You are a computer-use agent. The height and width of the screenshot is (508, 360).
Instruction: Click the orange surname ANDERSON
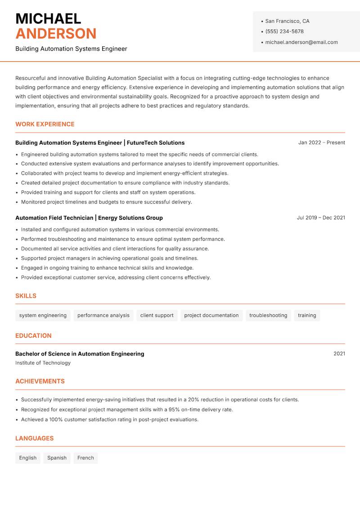(56, 34)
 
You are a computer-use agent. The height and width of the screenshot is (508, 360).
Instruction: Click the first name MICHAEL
(48, 18)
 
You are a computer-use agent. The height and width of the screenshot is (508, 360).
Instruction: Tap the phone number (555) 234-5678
(284, 31)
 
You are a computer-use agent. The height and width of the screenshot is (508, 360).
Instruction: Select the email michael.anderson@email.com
(301, 42)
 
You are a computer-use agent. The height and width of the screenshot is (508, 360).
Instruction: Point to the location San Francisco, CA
(287, 21)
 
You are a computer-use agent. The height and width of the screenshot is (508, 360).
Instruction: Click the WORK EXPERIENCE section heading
(45, 124)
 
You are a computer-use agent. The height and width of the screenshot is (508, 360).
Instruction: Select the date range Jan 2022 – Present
(321, 143)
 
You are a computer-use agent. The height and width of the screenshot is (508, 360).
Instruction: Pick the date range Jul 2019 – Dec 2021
(320, 218)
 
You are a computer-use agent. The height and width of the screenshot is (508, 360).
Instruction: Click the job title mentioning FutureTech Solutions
(100, 143)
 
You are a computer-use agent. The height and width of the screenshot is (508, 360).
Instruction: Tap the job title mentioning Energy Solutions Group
(89, 218)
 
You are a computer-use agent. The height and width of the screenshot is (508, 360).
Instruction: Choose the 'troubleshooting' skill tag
(268, 315)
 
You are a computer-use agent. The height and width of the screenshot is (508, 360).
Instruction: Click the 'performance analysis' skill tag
(103, 315)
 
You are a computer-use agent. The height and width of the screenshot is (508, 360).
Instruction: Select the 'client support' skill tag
(157, 315)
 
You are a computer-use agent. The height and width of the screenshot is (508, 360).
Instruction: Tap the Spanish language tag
(57, 458)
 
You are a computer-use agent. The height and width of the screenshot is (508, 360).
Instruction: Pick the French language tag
(85, 458)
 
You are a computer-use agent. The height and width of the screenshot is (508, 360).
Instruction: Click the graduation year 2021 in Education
(339, 354)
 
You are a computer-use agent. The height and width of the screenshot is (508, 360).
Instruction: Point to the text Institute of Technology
(43, 363)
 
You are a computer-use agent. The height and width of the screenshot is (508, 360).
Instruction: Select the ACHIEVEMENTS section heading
(40, 381)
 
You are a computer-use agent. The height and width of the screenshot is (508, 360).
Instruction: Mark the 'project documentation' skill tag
(211, 315)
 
